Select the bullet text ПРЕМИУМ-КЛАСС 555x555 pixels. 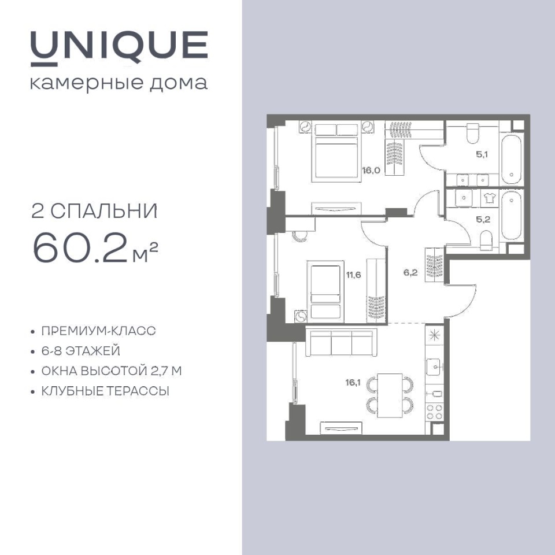point(99,331)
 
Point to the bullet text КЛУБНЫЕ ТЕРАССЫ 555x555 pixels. point(105,391)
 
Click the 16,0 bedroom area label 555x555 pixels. point(371,170)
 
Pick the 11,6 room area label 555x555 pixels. point(354,274)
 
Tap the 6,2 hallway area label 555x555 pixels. point(410,272)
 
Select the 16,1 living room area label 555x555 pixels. point(353,382)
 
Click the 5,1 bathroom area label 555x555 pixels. point(482,154)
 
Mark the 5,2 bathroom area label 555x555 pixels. point(483,219)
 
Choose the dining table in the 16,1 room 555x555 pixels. point(390,395)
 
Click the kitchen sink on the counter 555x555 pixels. point(434,367)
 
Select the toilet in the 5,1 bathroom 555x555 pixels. point(472,133)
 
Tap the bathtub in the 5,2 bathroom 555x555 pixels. point(512,216)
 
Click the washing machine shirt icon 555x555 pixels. point(490,198)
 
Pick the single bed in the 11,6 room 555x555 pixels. point(325,291)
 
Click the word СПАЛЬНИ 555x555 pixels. point(104,212)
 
